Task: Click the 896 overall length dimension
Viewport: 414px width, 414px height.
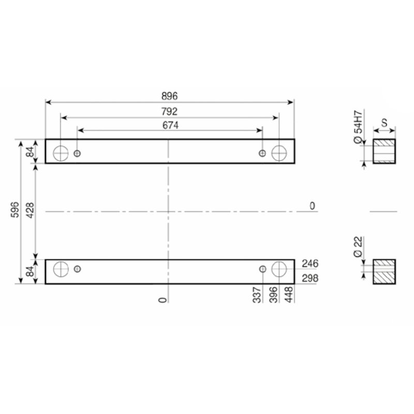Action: (170, 96)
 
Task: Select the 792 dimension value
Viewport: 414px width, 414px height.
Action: (169, 112)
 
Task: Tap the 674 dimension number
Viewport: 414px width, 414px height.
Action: (170, 125)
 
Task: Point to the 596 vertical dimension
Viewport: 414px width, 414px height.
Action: (15, 210)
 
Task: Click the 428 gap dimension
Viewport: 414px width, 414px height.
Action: (31, 211)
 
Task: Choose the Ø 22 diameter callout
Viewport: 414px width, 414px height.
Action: (358, 247)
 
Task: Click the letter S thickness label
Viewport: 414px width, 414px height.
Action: (385, 123)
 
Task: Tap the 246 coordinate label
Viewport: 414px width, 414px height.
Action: (310, 263)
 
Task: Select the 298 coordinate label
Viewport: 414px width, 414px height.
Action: (310, 278)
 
